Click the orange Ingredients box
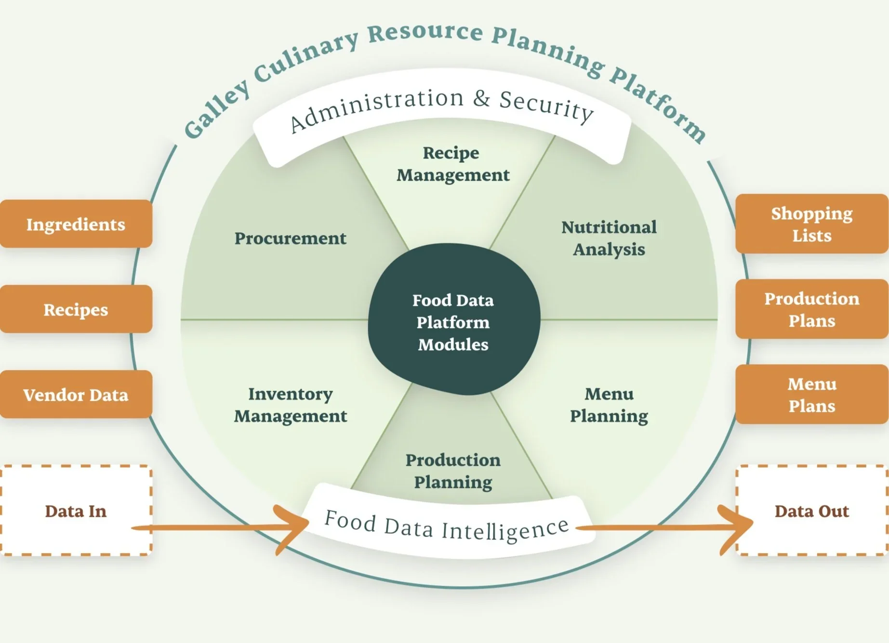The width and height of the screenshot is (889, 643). pos(76,224)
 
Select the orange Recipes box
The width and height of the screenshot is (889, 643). pos(76,309)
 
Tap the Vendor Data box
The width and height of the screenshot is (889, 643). pos(76,394)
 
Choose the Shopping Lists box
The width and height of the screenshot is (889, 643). pos(811,224)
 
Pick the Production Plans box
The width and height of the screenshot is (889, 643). pos(811,309)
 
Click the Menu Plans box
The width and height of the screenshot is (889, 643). pos(811,394)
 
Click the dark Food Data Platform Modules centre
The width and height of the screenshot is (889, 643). pos(453,322)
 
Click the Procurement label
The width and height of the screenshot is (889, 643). pos(290,238)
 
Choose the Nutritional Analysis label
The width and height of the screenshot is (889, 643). pos(609,238)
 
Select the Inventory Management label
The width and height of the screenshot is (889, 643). pos(290,405)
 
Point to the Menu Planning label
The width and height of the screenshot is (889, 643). pos(609,405)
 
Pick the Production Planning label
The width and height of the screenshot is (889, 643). pos(453,471)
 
